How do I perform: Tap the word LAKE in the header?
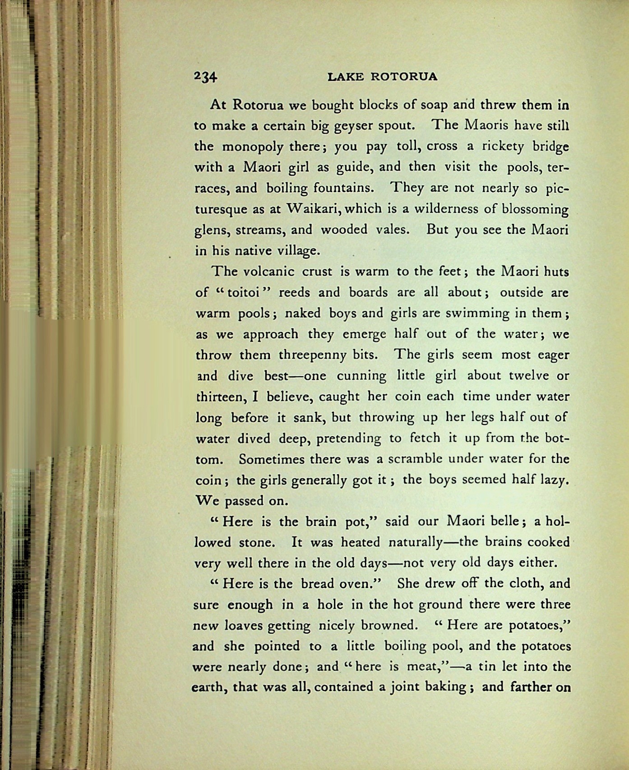tap(345, 77)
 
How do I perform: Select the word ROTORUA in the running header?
tap(404, 77)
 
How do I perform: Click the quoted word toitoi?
tap(243, 293)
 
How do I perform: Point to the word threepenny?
tap(312, 355)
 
